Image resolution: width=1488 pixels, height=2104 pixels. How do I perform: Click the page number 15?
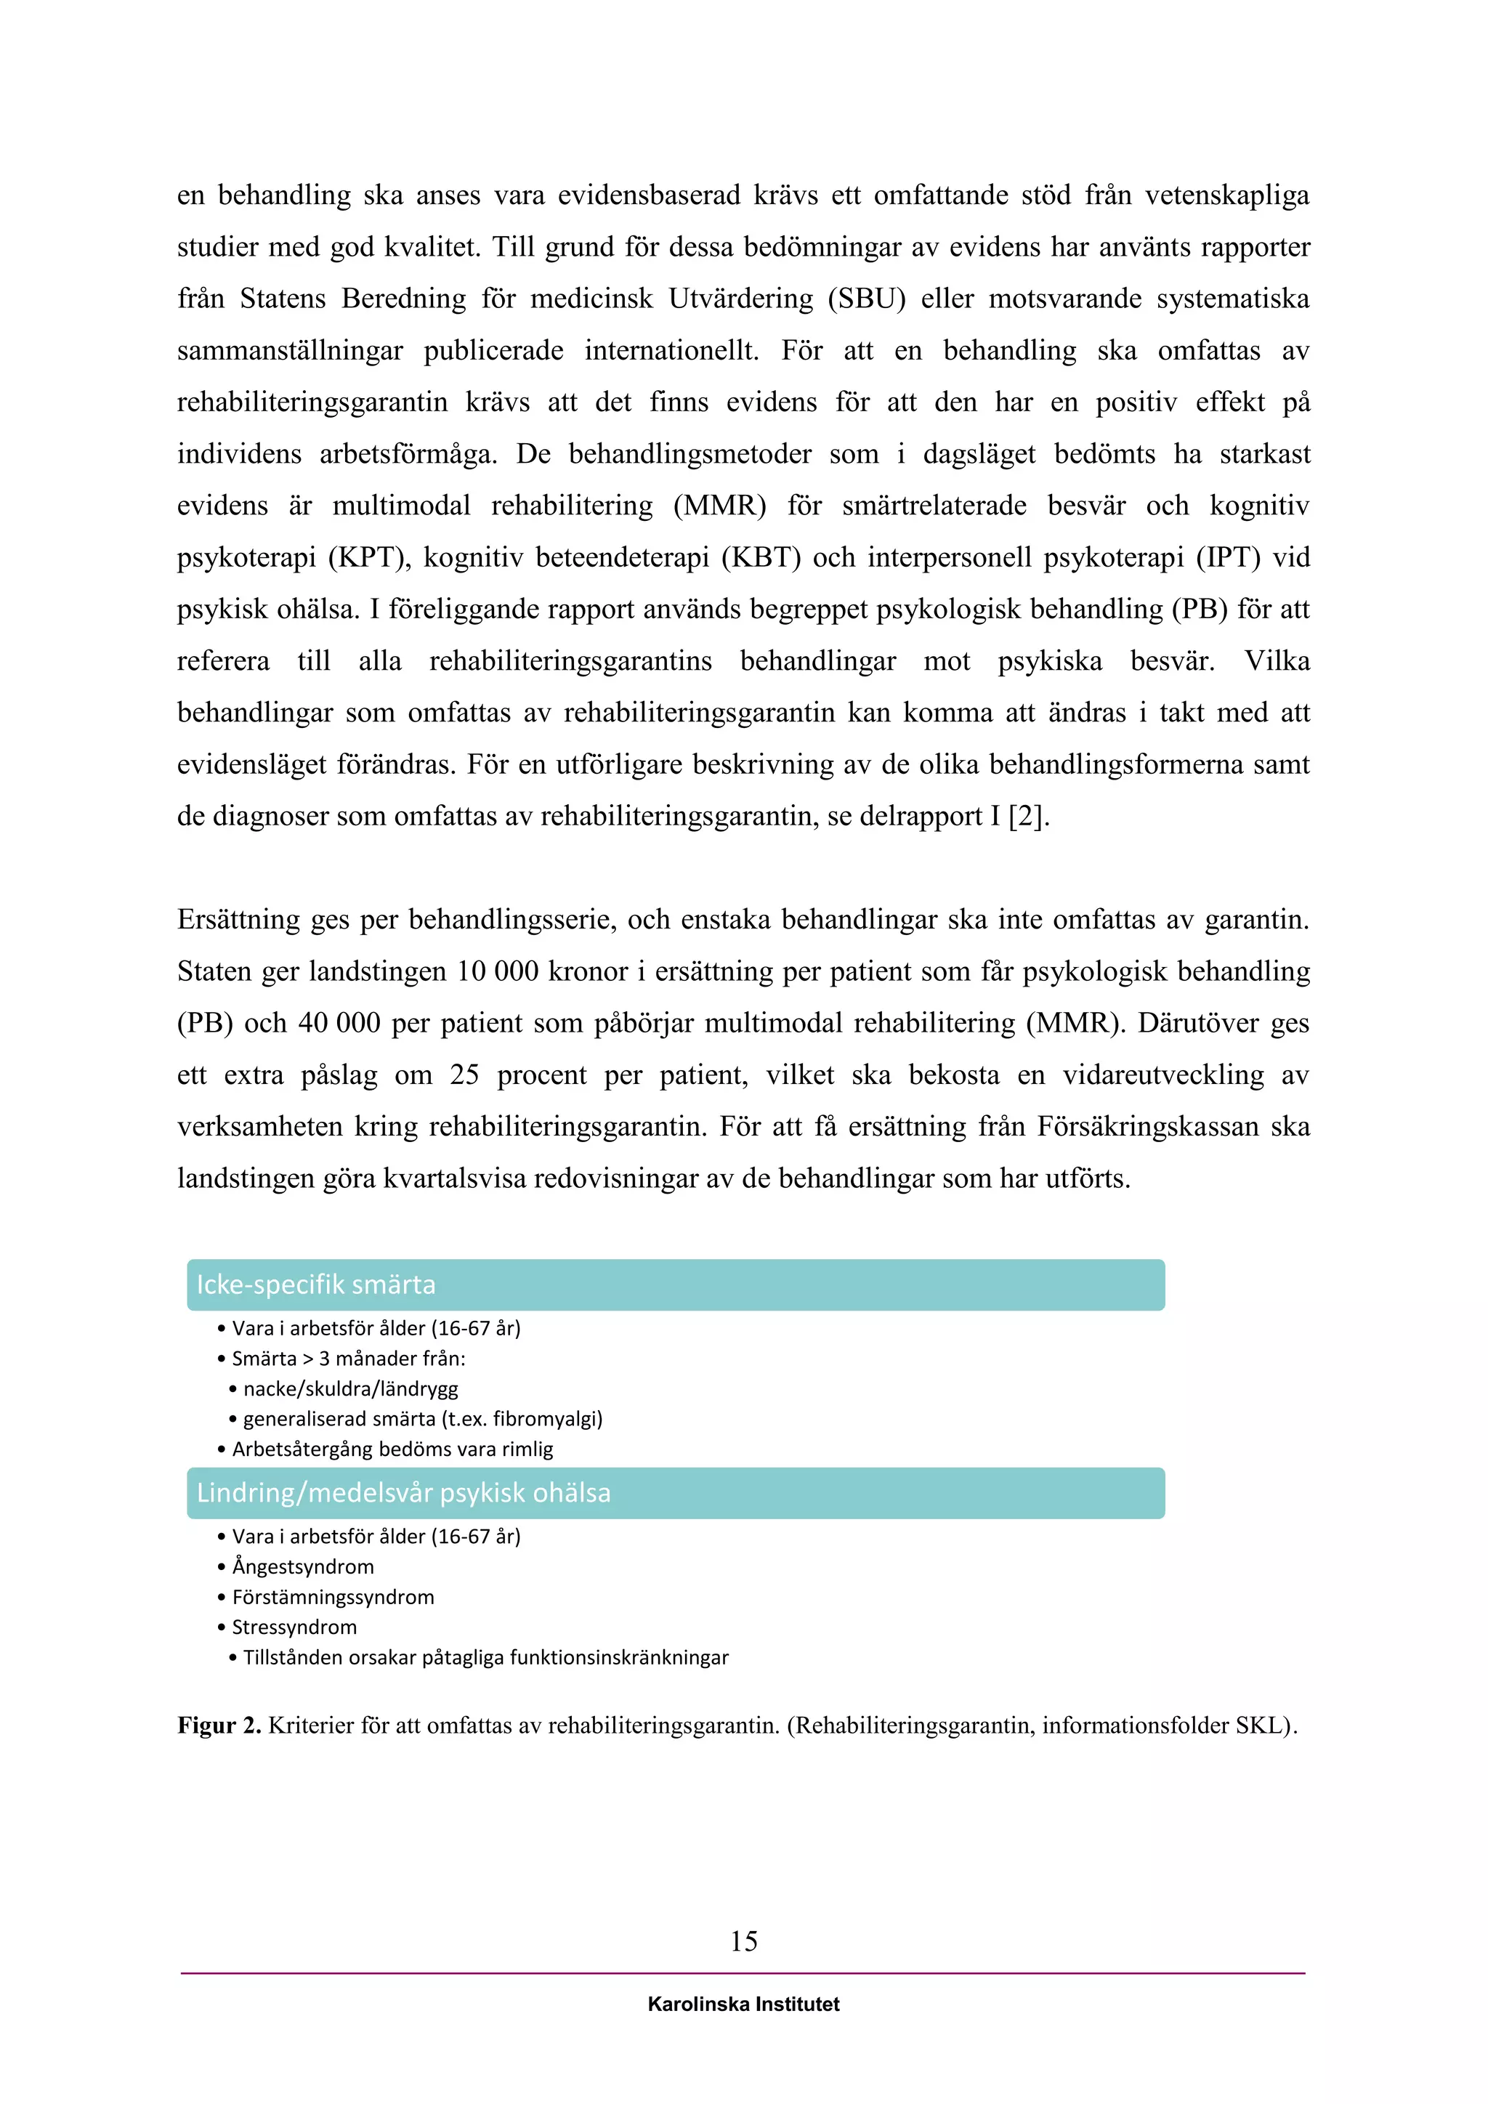coord(743,1940)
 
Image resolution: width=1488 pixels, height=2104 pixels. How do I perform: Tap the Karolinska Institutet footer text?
coord(743,2004)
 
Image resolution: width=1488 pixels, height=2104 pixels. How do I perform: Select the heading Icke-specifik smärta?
coord(316,1284)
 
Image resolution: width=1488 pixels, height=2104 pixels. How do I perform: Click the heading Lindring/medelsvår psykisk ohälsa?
coord(403,1493)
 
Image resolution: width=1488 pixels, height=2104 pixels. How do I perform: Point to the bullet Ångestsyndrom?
coord(302,1567)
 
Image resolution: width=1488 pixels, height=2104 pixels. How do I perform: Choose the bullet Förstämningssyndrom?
coord(333,1597)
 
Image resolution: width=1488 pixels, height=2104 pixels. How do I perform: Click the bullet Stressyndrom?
coord(294,1627)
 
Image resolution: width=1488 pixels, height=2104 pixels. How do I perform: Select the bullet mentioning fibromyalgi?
coord(422,1420)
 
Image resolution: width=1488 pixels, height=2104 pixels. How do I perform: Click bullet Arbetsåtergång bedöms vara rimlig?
coord(392,1449)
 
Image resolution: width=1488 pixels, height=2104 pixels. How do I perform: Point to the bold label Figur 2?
coord(219,1725)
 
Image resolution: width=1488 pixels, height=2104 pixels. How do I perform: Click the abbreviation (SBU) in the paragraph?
coord(866,299)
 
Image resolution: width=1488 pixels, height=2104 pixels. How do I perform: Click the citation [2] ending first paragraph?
coord(1026,817)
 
